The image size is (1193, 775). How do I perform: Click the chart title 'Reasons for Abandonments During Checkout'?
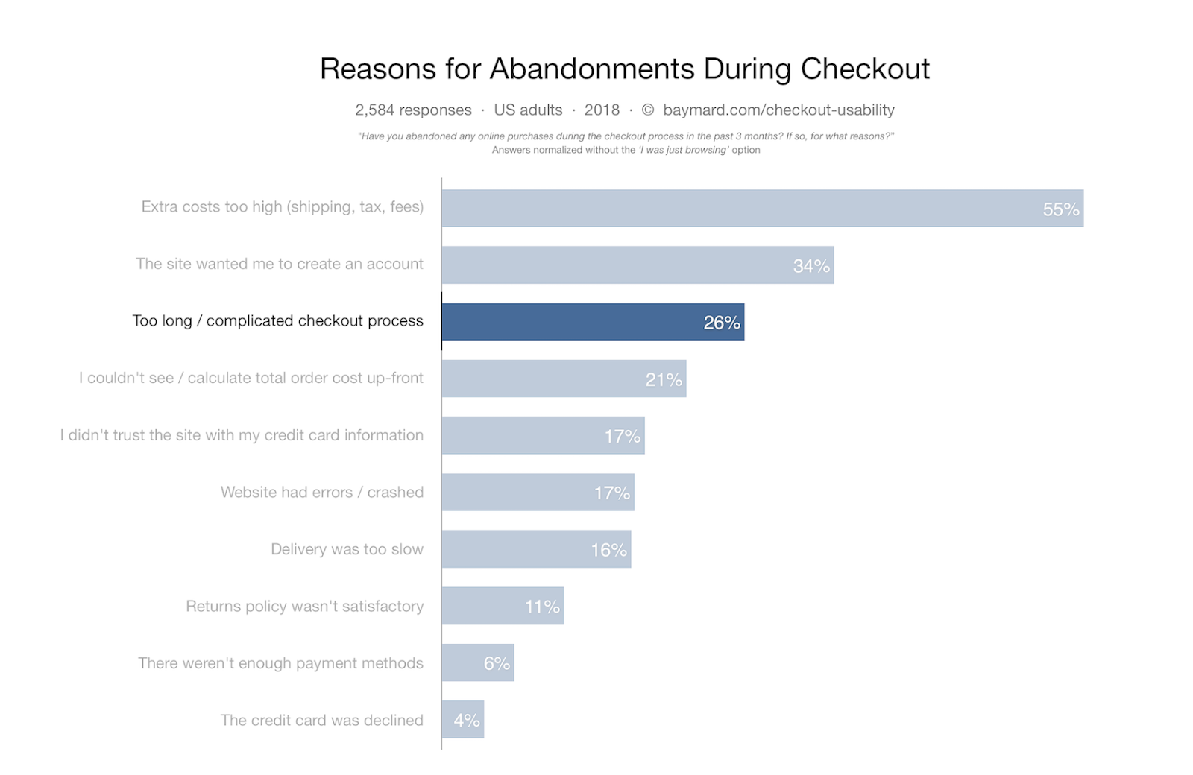pos(624,69)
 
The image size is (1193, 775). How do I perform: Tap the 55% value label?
pos(1060,209)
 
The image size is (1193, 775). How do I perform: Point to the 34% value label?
pos(810,266)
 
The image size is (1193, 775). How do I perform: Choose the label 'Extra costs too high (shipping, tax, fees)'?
pos(282,207)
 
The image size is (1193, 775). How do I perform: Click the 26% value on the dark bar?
pos(721,323)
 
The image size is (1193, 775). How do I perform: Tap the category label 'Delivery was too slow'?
pos(347,549)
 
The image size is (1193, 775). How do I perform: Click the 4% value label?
pos(467,721)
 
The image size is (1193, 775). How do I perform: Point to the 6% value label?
pos(497,663)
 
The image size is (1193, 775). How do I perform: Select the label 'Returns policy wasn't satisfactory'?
pos(304,607)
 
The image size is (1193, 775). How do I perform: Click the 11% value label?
pos(542,607)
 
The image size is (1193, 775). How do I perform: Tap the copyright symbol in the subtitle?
pos(648,110)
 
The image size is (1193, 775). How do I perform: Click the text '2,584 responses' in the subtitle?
pos(413,110)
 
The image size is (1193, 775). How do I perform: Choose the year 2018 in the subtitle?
pos(602,110)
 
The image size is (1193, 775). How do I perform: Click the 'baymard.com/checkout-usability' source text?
pos(778,110)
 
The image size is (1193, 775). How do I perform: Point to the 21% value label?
pos(664,380)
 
